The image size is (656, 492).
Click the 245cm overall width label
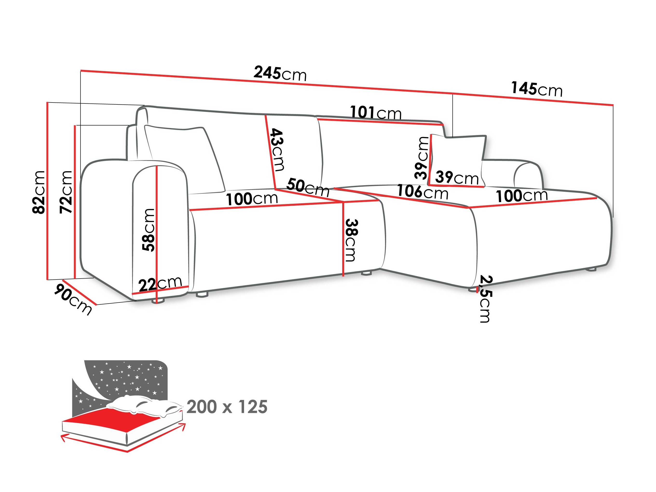[x=280, y=74]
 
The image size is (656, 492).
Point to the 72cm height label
[x=66, y=192]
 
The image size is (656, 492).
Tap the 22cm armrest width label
[x=160, y=284]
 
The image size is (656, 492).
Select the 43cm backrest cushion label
[x=277, y=150]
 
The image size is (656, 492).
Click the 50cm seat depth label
[x=308, y=187]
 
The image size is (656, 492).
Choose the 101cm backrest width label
[x=376, y=113]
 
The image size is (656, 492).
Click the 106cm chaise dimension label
[x=422, y=192]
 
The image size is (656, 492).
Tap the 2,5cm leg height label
[x=485, y=299]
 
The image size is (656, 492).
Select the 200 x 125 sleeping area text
[x=227, y=407]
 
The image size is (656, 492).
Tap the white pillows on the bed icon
[x=142, y=405]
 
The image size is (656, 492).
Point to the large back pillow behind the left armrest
[x=184, y=157]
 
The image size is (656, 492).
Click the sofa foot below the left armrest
[x=158, y=301]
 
